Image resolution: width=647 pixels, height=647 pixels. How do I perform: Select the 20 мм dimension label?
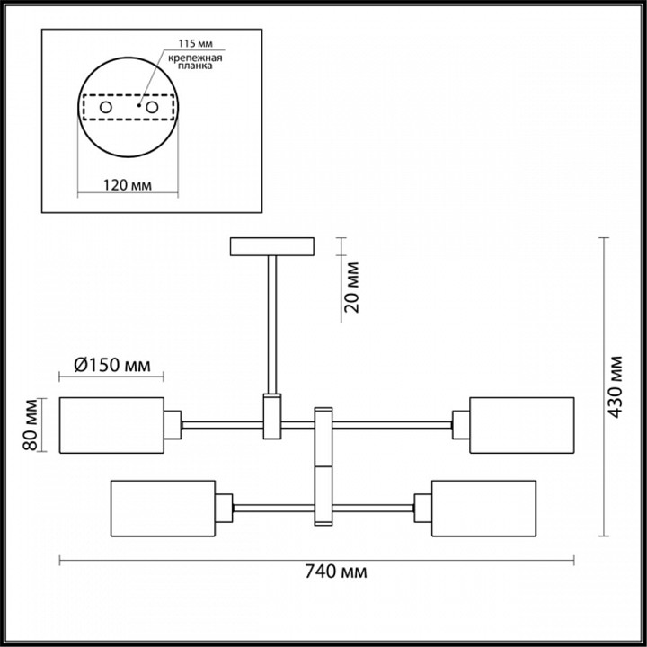(x=352, y=286)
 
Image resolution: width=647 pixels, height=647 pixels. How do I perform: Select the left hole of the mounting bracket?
(x=105, y=108)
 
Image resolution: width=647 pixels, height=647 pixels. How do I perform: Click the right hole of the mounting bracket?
(x=153, y=108)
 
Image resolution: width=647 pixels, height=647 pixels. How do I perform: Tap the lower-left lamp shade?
(x=163, y=508)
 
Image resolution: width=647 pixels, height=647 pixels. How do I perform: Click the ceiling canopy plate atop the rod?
(x=272, y=245)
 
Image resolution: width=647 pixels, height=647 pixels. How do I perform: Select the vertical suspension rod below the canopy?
(x=272, y=323)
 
